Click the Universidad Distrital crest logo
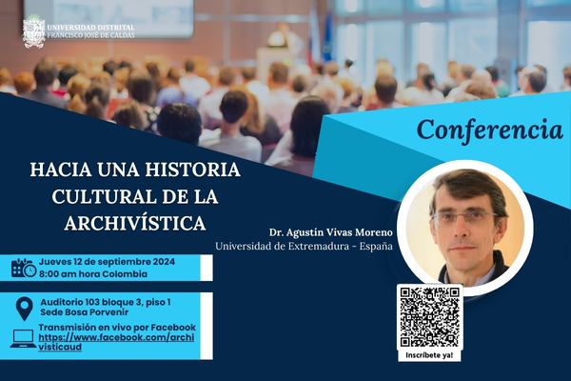click(x=34, y=31)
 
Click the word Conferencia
click(x=490, y=130)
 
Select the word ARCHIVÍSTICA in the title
click(x=135, y=223)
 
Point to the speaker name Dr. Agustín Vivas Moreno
click(x=331, y=232)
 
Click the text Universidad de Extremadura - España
click(x=305, y=246)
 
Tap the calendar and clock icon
click(x=24, y=268)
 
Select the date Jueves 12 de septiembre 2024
click(x=107, y=262)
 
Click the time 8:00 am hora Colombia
click(x=93, y=274)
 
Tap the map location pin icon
click(x=25, y=309)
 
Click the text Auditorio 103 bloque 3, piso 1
click(x=106, y=302)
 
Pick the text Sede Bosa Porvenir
click(x=84, y=312)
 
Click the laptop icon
click(x=23, y=339)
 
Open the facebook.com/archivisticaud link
click(x=116, y=342)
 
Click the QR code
click(x=430, y=317)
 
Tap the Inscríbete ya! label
click(x=429, y=355)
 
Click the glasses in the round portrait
click(x=463, y=218)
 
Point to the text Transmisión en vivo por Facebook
click(x=117, y=328)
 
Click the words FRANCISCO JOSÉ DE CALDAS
click(x=91, y=35)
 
